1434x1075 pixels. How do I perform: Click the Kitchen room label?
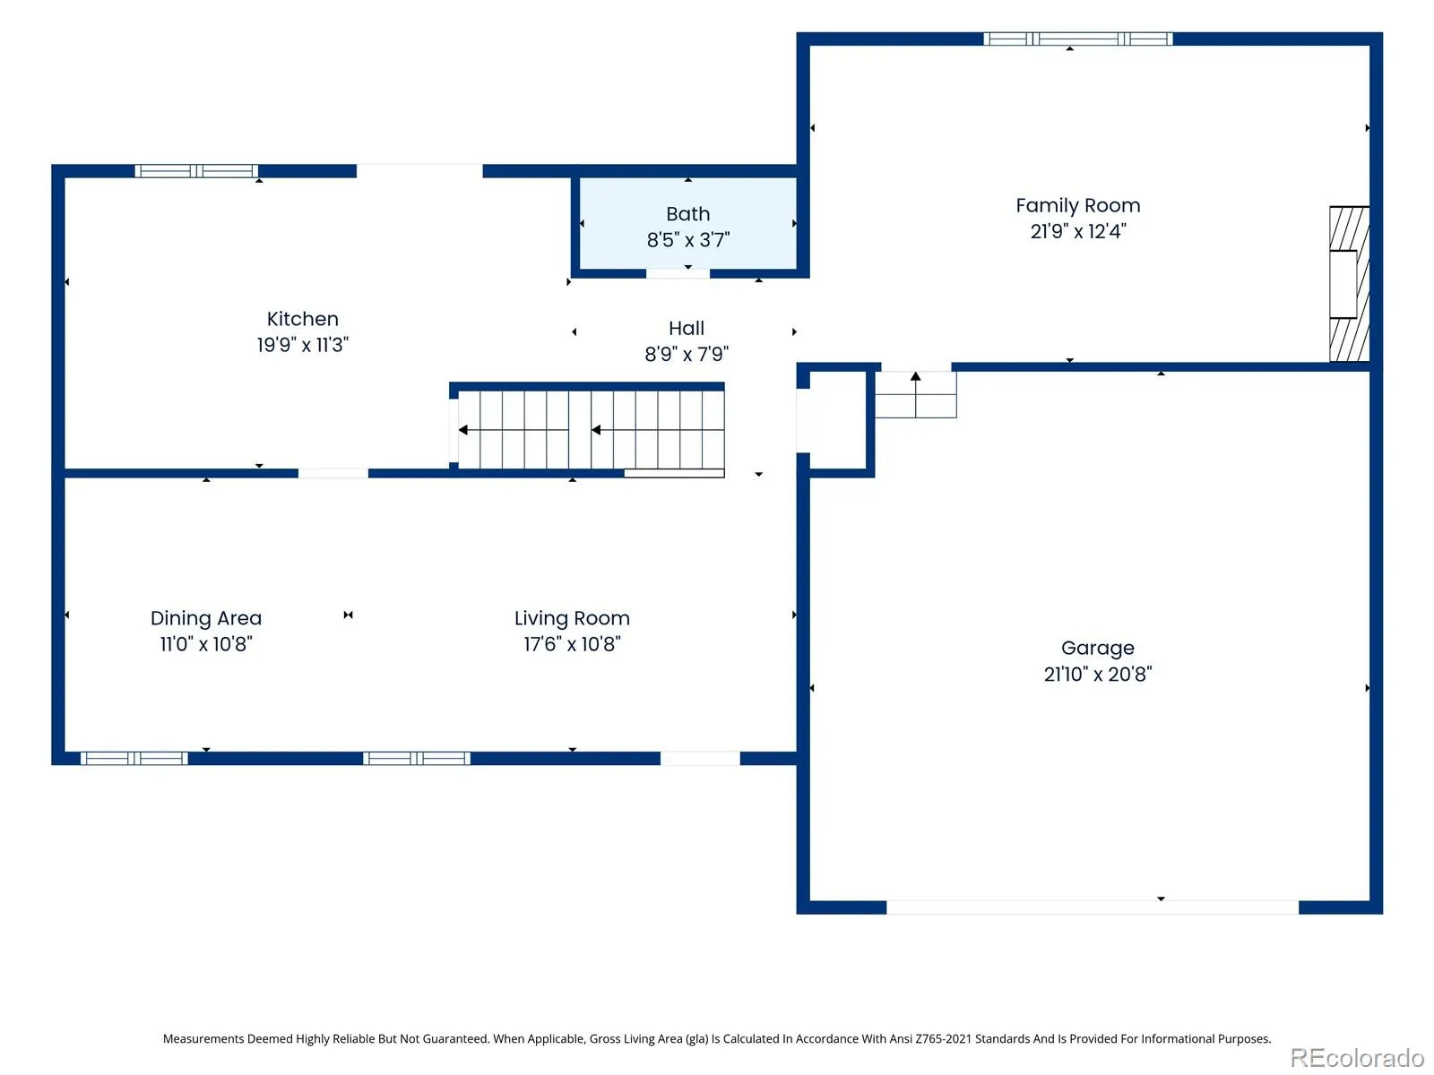[x=302, y=319]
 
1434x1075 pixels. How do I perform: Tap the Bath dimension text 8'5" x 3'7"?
[x=688, y=239]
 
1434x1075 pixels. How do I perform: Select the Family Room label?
[x=1078, y=206]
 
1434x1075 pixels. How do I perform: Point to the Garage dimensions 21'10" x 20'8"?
[x=1098, y=674]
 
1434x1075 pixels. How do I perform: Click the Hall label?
[x=686, y=328]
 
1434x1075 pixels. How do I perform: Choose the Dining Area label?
[x=206, y=617]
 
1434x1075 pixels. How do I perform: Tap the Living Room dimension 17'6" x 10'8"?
[x=572, y=643]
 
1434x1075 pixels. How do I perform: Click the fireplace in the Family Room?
[x=1349, y=284]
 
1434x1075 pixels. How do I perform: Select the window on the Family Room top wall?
[x=1078, y=39]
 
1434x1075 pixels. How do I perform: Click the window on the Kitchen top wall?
[x=196, y=171]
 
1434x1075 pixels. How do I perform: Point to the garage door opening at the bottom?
[x=1092, y=907]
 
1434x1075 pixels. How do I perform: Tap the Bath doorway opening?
[x=678, y=273]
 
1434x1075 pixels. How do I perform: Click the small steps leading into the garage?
[x=915, y=395]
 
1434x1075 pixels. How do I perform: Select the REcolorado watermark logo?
[x=1357, y=1057]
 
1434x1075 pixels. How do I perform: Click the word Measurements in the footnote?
[x=203, y=1038]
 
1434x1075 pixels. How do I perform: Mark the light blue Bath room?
[x=688, y=222]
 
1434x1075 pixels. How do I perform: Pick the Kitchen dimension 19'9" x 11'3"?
[x=302, y=344]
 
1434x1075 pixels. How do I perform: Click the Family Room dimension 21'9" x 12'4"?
[x=1078, y=231]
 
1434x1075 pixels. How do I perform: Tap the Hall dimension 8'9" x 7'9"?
[x=686, y=354]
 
